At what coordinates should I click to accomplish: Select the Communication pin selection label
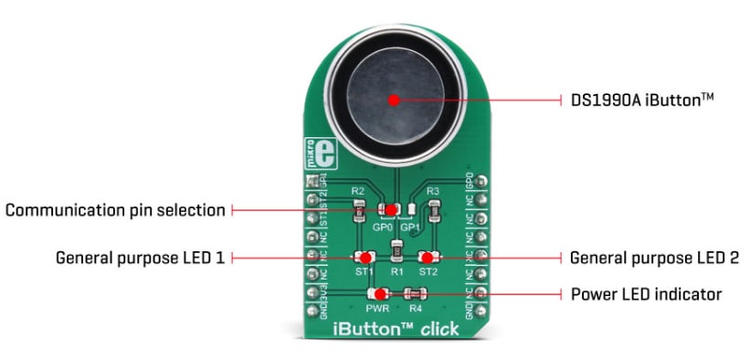pos(115,210)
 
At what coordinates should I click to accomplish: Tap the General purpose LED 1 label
pos(140,259)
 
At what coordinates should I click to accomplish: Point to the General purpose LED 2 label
pos(654,259)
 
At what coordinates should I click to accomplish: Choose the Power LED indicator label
pos(647,294)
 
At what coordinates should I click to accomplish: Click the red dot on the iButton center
pos(394,100)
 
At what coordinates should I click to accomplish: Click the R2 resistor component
pos(360,211)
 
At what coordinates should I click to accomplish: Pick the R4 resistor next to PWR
pos(417,293)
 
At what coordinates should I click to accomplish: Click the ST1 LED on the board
pos(363,259)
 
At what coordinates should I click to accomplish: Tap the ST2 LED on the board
pos(427,259)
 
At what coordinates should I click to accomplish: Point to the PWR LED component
pos(378,293)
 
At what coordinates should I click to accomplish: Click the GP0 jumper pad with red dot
pos(390,210)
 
